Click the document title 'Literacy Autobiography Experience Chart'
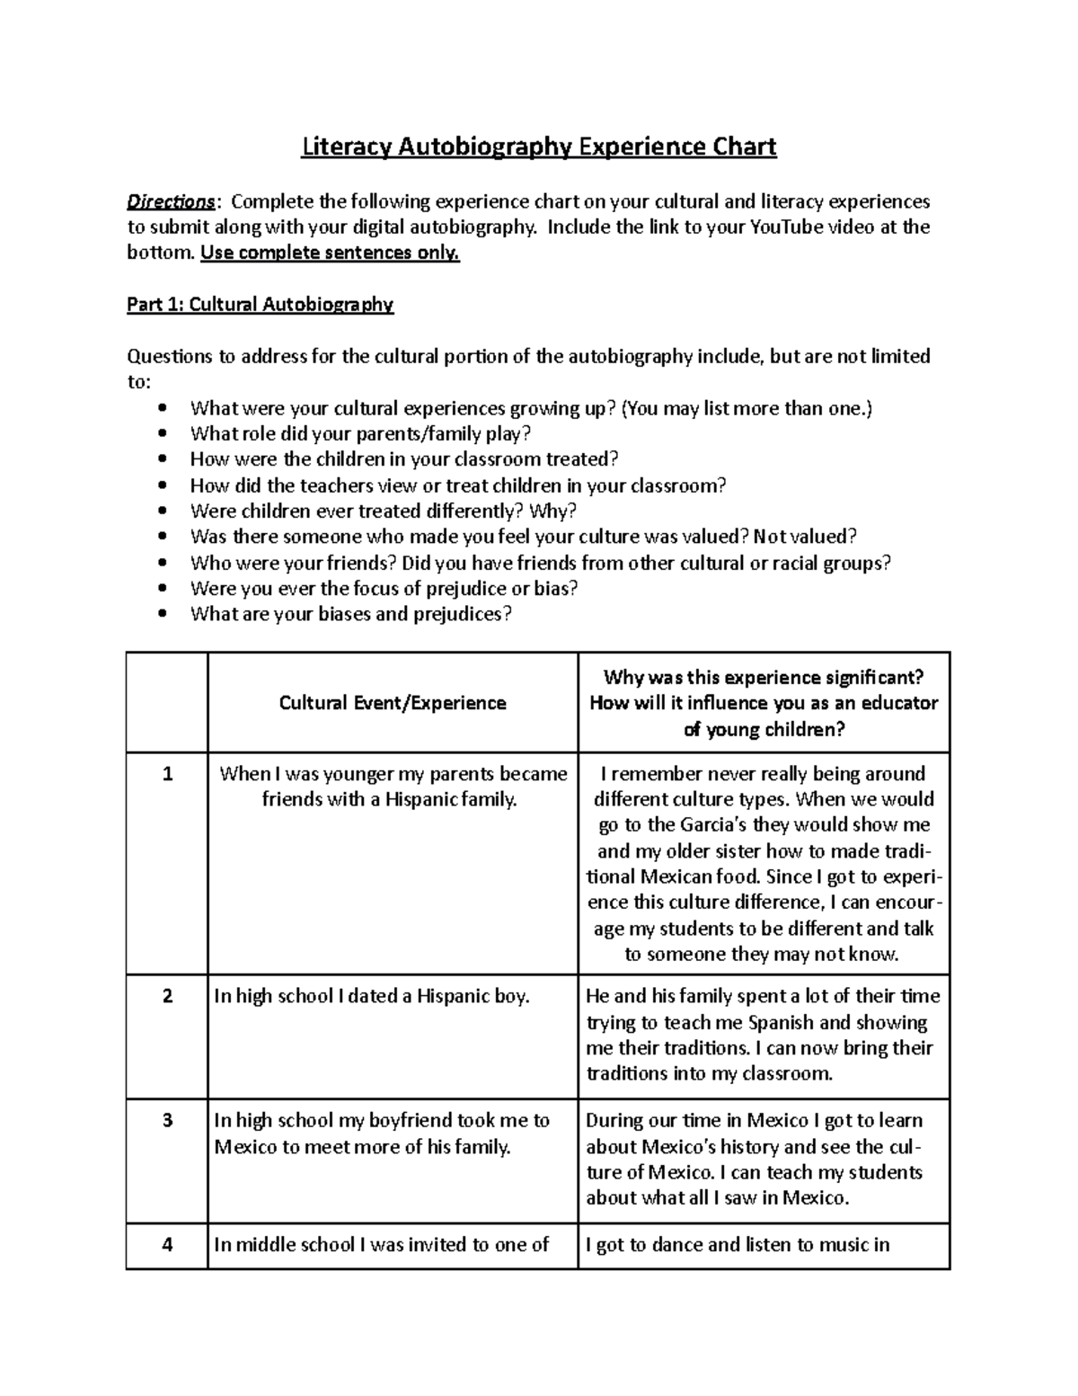pyautogui.click(x=538, y=147)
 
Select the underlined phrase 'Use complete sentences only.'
pyautogui.click(x=330, y=253)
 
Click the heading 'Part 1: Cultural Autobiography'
pyautogui.click(x=260, y=305)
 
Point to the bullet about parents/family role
pyautogui.click(x=360, y=434)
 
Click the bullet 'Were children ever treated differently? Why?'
pyautogui.click(x=383, y=511)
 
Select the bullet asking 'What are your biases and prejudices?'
pyautogui.click(x=350, y=615)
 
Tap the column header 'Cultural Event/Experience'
pyautogui.click(x=393, y=703)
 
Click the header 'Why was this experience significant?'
pyautogui.click(x=764, y=678)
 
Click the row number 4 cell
pyautogui.click(x=167, y=1245)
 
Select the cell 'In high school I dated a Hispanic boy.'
pyautogui.click(x=372, y=996)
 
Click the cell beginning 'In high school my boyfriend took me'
pyautogui.click(x=382, y=1134)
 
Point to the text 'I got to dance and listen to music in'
pyautogui.click(x=738, y=1245)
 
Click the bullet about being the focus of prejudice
pyautogui.click(x=384, y=589)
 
